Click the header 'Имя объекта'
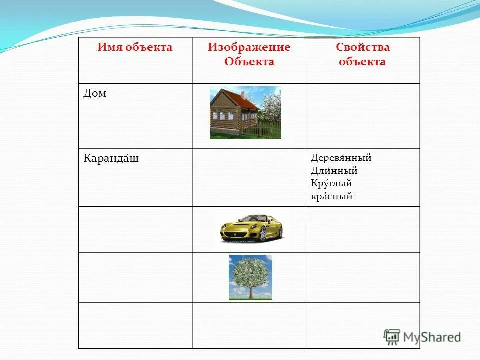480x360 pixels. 135,48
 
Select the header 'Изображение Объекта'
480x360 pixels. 249,54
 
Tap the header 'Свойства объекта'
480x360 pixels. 362,54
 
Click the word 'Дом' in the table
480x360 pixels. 95,94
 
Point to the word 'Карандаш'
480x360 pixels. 111,159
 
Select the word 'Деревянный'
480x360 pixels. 341,158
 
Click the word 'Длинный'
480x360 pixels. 334,171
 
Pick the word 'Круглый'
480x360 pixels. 331,184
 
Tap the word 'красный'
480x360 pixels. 331,196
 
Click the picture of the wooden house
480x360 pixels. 245,113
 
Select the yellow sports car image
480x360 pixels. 251,227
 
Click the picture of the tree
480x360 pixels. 250,277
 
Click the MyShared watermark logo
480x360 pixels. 422,336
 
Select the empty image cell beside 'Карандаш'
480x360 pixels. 249,177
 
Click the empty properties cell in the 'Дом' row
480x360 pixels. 363,116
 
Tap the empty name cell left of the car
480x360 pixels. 135,229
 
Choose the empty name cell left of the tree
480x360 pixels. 135,277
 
